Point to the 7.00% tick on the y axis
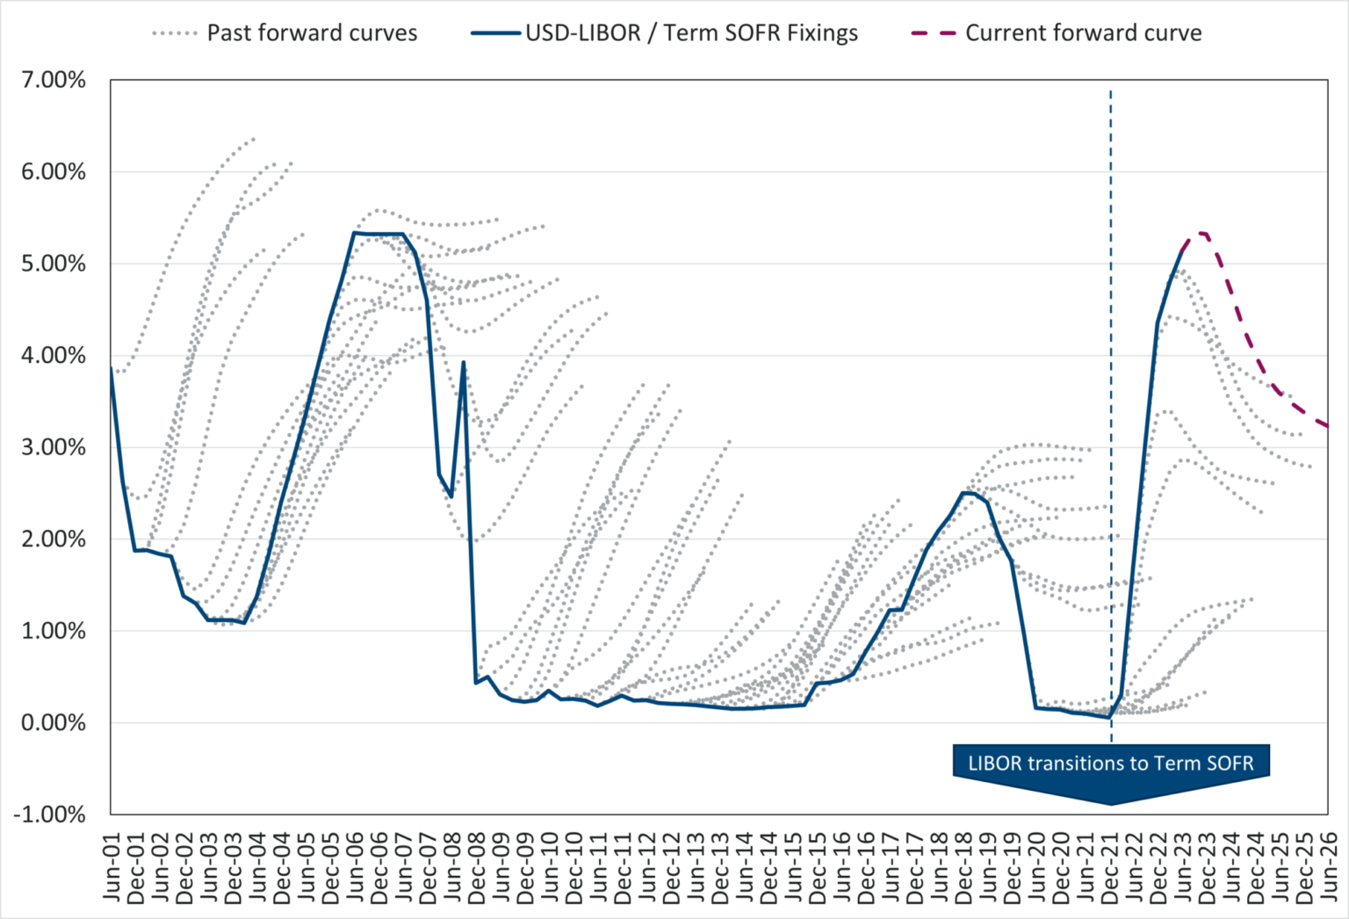coord(54,81)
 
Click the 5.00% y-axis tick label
coord(54,264)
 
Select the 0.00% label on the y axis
coord(54,723)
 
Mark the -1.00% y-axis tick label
coord(50,814)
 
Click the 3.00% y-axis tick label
coord(54,447)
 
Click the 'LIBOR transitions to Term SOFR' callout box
coord(1111,763)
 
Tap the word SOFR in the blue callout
coord(1229,763)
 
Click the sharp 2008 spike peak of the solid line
coord(463,362)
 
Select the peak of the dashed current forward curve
coord(1201,233)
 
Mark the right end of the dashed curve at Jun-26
coord(1327,426)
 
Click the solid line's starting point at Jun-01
coord(112,368)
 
